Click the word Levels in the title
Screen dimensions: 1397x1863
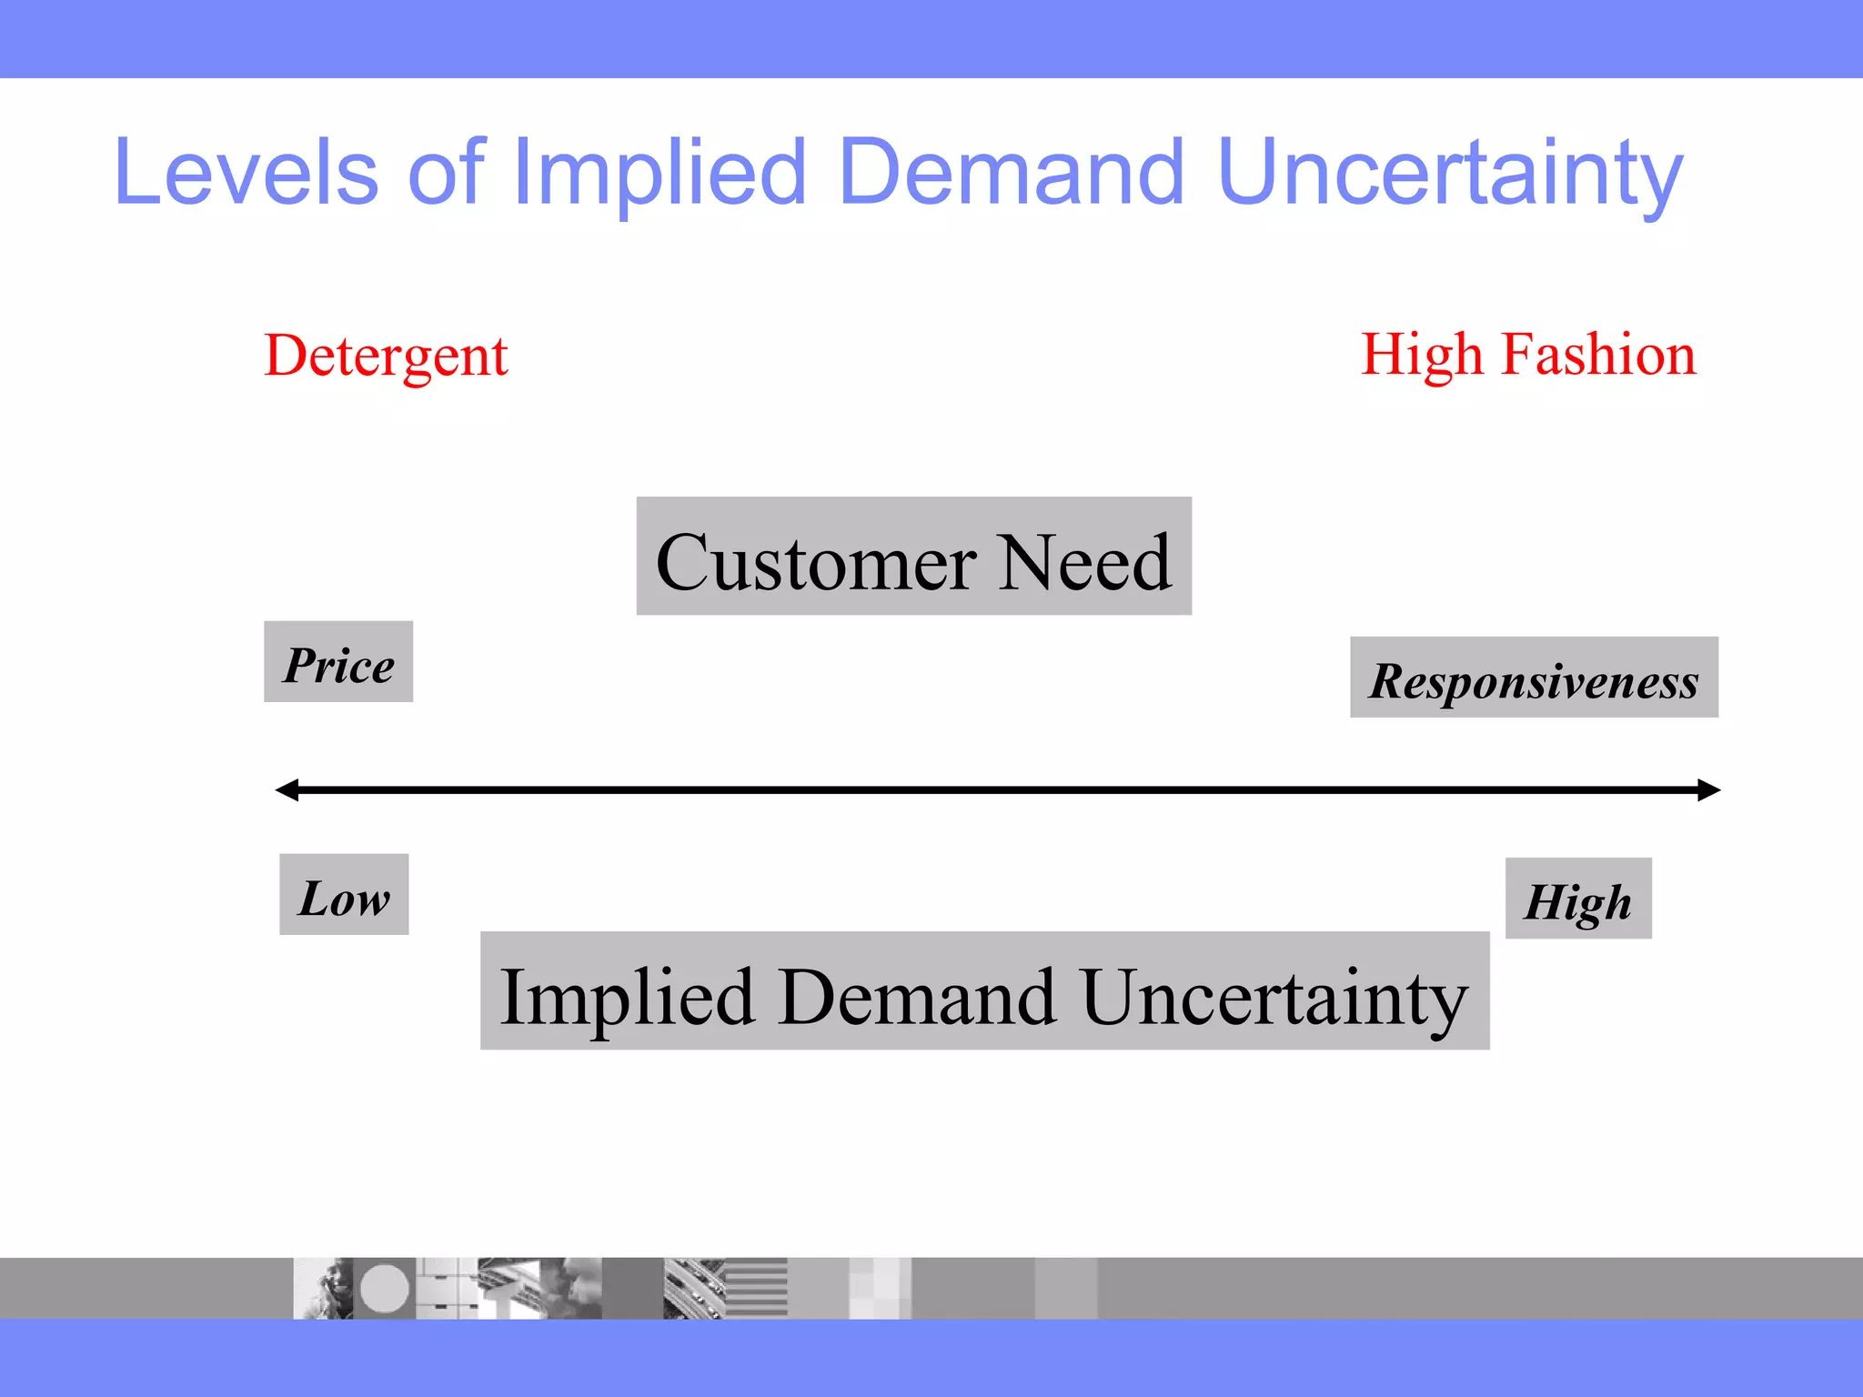click(x=246, y=172)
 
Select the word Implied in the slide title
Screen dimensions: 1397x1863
click(x=659, y=172)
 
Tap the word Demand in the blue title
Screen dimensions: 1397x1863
click(x=1011, y=172)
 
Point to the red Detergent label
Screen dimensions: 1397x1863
click(x=386, y=356)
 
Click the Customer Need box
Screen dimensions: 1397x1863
click(x=913, y=556)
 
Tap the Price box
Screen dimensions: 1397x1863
click(x=338, y=662)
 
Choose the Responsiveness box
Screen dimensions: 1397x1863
click(x=1534, y=678)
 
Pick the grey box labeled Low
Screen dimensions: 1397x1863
click(x=344, y=894)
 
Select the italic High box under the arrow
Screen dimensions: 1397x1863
click(x=1578, y=899)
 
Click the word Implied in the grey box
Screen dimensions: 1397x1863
click(x=628, y=997)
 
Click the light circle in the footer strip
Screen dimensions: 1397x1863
click(x=384, y=1288)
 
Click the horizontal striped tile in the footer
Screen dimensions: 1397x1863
click(x=756, y=1288)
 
